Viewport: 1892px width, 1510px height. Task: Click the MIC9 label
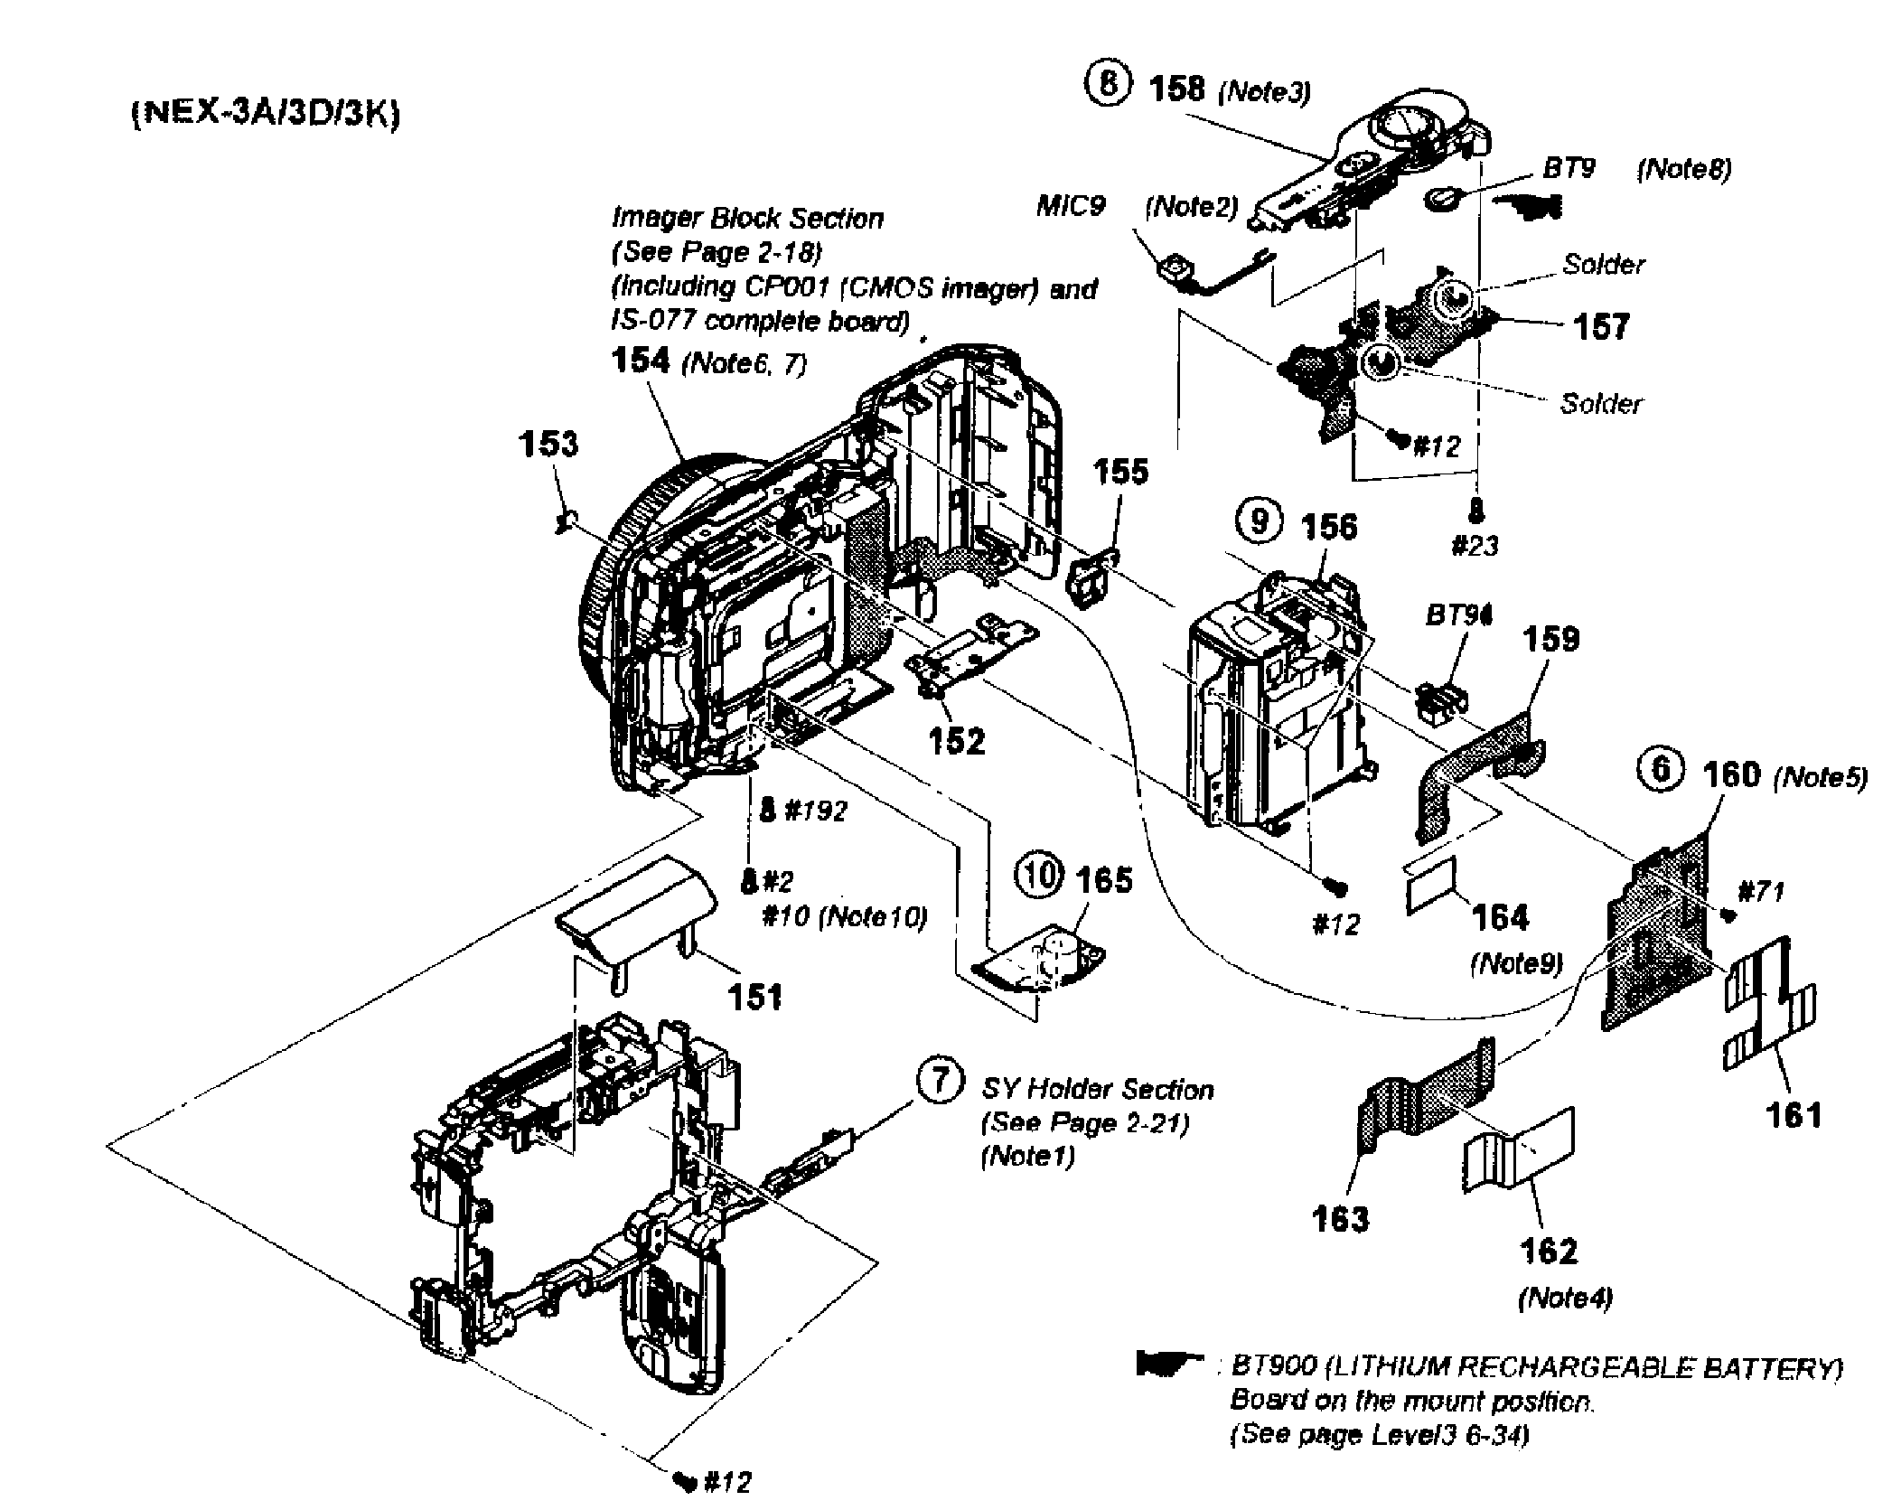pyautogui.click(x=1071, y=206)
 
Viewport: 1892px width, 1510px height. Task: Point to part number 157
pyautogui.click(x=1601, y=326)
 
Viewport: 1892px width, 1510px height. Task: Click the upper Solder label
pyautogui.click(x=1604, y=264)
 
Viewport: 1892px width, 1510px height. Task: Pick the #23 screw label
pyautogui.click(x=1475, y=545)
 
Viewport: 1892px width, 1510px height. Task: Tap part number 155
pyautogui.click(x=1120, y=471)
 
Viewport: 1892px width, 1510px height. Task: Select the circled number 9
pyautogui.click(x=1258, y=521)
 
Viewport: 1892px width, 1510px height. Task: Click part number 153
pyautogui.click(x=548, y=444)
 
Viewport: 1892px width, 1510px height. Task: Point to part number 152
pyautogui.click(x=957, y=740)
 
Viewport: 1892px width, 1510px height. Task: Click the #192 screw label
pyautogui.click(x=815, y=811)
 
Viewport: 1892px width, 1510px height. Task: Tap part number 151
pyautogui.click(x=755, y=997)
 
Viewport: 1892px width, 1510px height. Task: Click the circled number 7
pyautogui.click(x=940, y=1080)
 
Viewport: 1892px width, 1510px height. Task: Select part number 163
pyautogui.click(x=1340, y=1219)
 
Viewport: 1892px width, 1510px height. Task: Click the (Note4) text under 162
pyautogui.click(x=1566, y=1298)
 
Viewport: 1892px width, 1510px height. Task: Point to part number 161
pyautogui.click(x=1794, y=1116)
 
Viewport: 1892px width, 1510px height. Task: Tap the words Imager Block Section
pyautogui.click(x=747, y=218)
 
